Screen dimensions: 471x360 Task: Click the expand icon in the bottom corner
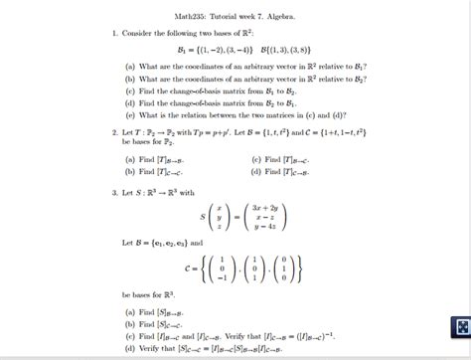pos(459,330)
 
